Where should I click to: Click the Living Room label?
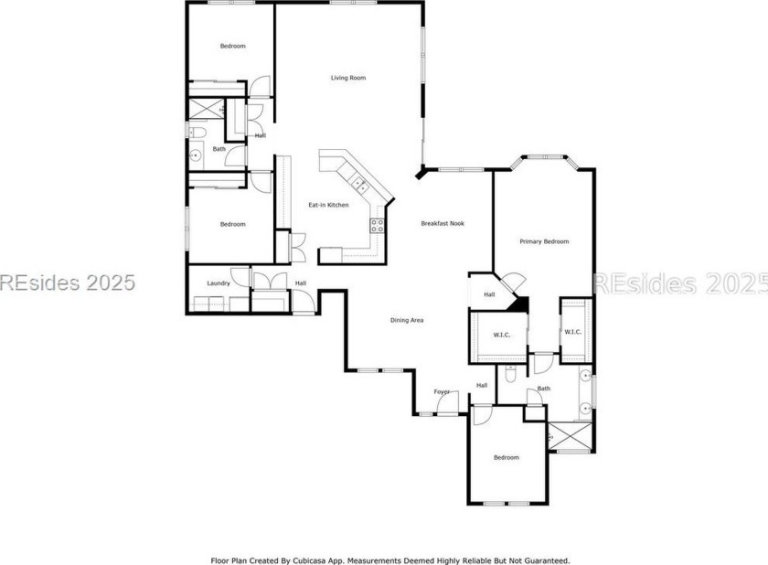347,78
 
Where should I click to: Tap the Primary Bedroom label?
544,241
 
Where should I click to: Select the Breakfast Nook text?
443,223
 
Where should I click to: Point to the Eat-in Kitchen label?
327,205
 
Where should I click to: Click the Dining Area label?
406,320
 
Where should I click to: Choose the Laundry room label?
218,283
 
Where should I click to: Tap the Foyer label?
442,391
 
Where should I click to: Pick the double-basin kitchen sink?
360,187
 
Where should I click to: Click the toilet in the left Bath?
198,134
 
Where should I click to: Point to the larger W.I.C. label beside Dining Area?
501,335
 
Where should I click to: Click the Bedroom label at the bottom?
506,457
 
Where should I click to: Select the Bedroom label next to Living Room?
232,46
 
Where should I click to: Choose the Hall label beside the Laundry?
300,283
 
